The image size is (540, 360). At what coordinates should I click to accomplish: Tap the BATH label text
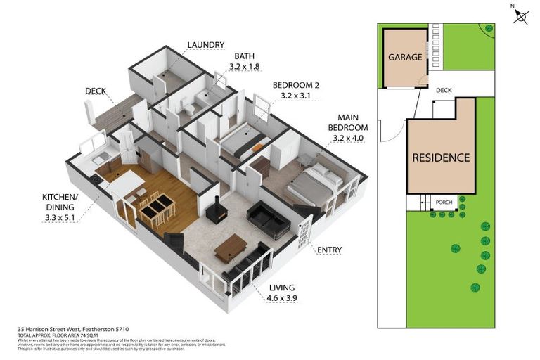click(x=244, y=56)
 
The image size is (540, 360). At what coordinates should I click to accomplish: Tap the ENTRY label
click(x=328, y=249)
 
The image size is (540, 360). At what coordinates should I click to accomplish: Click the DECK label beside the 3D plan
click(x=96, y=91)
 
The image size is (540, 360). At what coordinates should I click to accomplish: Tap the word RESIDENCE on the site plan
click(x=441, y=157)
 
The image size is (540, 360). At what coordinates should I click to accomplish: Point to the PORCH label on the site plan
click(x=444, y=202)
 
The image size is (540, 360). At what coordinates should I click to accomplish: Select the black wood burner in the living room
click(x=217, y=212)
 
